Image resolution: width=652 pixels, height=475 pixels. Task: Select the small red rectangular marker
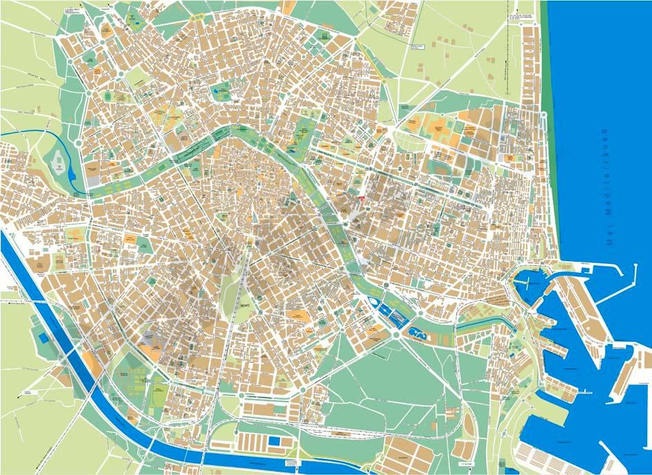point(361,197)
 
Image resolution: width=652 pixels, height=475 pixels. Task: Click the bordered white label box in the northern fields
point(417,46)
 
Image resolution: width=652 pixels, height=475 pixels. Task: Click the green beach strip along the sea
point(546,104)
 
